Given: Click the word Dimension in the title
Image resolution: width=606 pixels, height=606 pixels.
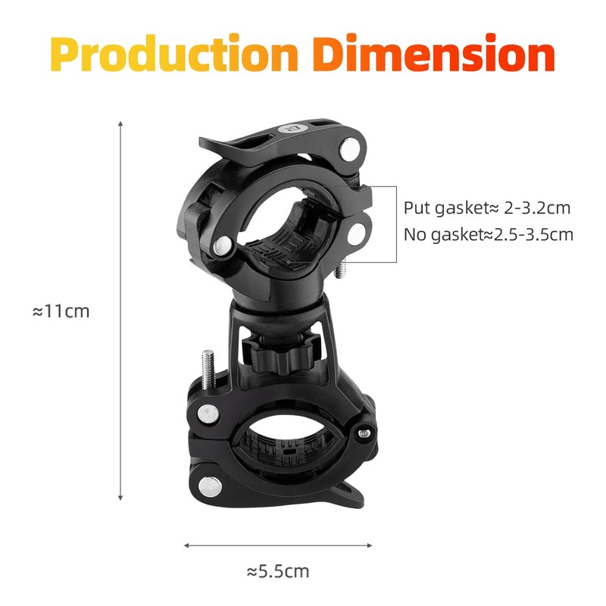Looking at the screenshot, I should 434,55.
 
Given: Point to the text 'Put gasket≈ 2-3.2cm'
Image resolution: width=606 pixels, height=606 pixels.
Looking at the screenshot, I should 486,208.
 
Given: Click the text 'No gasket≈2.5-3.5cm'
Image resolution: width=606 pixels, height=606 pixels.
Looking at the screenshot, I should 488,234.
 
